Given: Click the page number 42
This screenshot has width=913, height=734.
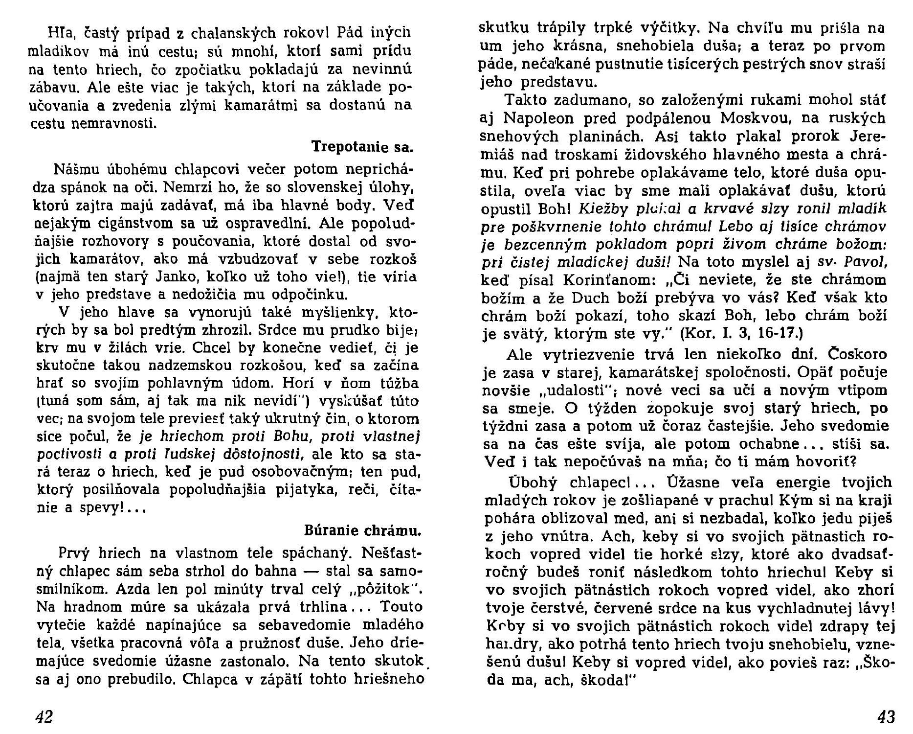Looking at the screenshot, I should click(x=44, y=717).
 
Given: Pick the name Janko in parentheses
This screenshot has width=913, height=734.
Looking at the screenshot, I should click(x=168, y=277).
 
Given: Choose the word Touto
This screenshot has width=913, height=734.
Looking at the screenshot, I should click(x=401, y=607).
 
